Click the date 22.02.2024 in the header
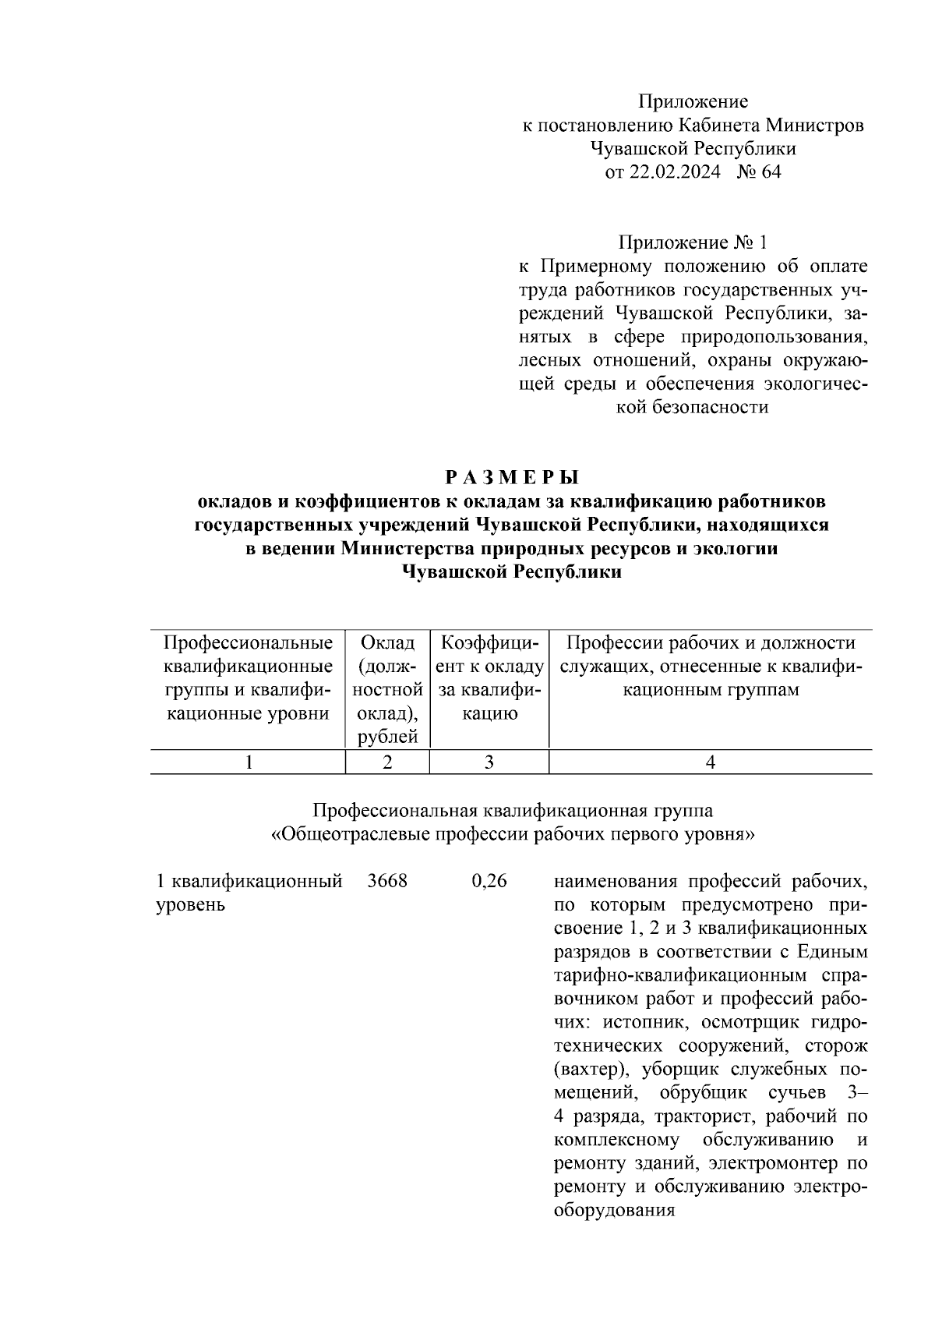[x=676, y=172]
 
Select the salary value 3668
[x=386, y=882]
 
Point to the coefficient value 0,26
[x=489, y=882]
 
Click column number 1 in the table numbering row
[x=248, y=762]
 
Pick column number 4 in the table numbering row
[x=710, y=762]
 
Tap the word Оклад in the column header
[x=387, y=643]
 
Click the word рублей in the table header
[x=387, y=737]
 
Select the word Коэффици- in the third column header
[x=489, y=643]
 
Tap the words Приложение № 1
[x=693, y=242]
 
